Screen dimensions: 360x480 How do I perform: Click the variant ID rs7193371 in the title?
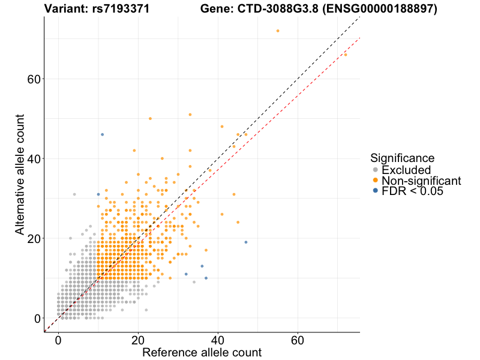coord(118,9)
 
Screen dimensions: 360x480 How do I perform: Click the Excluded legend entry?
coord(406,170)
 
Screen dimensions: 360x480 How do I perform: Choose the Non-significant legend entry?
coord(421,181)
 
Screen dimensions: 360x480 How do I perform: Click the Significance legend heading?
coord(402,158)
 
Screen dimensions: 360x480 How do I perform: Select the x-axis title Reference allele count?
coord(202,352)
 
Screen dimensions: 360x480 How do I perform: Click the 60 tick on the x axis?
coord(298,338)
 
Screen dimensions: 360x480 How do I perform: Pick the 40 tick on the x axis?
coord(218,338)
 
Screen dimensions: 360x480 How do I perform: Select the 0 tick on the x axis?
coord(58,338)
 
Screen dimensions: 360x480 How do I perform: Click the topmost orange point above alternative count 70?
coord(278,31)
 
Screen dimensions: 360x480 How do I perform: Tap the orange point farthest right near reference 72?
coord(346,55)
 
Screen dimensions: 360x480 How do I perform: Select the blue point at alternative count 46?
coord(103,134)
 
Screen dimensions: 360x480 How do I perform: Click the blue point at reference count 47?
coord(246,242)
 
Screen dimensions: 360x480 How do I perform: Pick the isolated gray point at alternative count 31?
coord(74,194)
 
